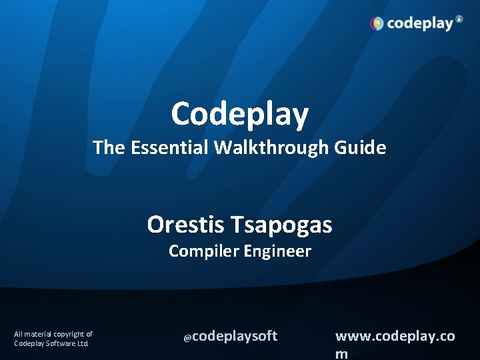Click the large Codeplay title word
[240, 114]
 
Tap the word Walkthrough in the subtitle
[271, 147]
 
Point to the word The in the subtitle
[107, 147]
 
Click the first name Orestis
[187, 225]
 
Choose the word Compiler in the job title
[203, 251]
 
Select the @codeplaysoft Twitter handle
[231, 337]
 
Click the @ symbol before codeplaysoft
[187, 338]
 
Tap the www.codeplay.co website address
[395, 336]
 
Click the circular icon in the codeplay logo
[377, 24]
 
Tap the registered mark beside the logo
[459, 19]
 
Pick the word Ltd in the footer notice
[82, 343]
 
